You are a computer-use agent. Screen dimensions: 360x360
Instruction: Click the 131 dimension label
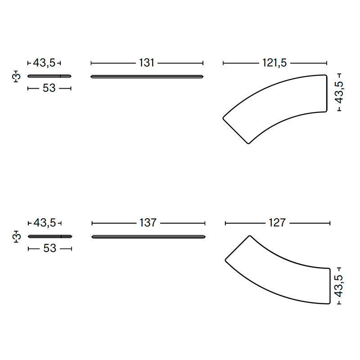tap(147, 63)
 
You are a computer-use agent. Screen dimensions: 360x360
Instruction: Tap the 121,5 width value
tap(274, 63)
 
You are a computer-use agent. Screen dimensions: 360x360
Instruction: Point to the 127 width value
tap(277, 223)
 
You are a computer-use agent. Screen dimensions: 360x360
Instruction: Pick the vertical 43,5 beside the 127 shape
tap(339, 286)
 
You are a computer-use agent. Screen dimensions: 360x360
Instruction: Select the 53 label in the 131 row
tap(49, 88)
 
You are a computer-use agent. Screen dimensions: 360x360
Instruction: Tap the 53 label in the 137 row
tap(49, 248)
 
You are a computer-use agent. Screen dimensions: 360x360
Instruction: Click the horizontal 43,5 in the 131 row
tap(44, 63)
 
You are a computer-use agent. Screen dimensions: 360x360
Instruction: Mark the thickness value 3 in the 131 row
tap(16, 76)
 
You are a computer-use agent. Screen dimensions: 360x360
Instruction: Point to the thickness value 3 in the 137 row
tap(16, 236)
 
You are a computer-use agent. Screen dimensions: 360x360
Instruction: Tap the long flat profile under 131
tap(147, 76)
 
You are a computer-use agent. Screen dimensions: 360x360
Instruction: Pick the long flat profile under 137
tap(148, 236)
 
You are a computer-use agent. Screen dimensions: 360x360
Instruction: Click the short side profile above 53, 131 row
tap(49, 76)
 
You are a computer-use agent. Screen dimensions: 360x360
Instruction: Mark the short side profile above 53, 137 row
tap(49, 236)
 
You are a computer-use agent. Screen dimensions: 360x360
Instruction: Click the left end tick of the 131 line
tap(91, 63)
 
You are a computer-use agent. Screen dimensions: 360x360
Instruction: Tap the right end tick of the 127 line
tap(330, 223)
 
